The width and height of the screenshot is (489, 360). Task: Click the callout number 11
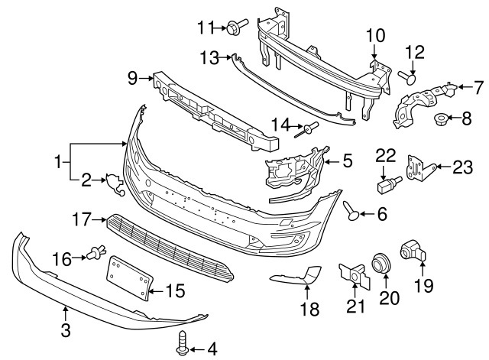click(205, 28)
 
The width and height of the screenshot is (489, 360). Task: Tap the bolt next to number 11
click(233, 28)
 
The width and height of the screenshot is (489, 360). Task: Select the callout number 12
click(413, 52)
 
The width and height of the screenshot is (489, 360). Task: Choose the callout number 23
click(462, 166)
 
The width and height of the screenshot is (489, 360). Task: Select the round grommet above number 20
click(380, 264)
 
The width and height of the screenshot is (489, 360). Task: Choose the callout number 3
click(66, 331)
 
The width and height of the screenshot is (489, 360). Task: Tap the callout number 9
click(132, 76)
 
